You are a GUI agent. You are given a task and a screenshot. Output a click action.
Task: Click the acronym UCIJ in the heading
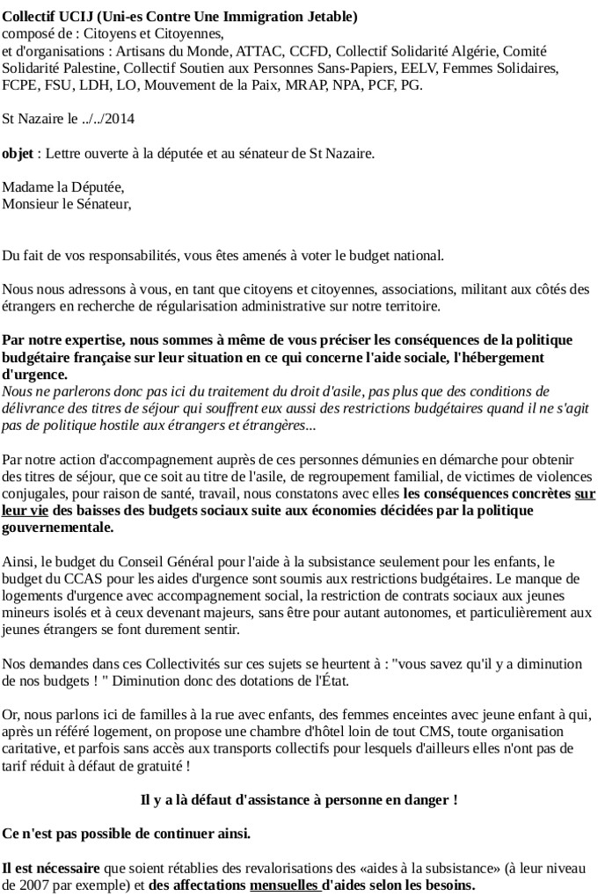[84, 17]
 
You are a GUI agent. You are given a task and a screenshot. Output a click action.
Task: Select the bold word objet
[18, 153]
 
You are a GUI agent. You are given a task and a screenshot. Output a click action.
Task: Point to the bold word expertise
[88, 340]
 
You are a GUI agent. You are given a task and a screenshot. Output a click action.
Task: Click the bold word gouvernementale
[57, 528]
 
